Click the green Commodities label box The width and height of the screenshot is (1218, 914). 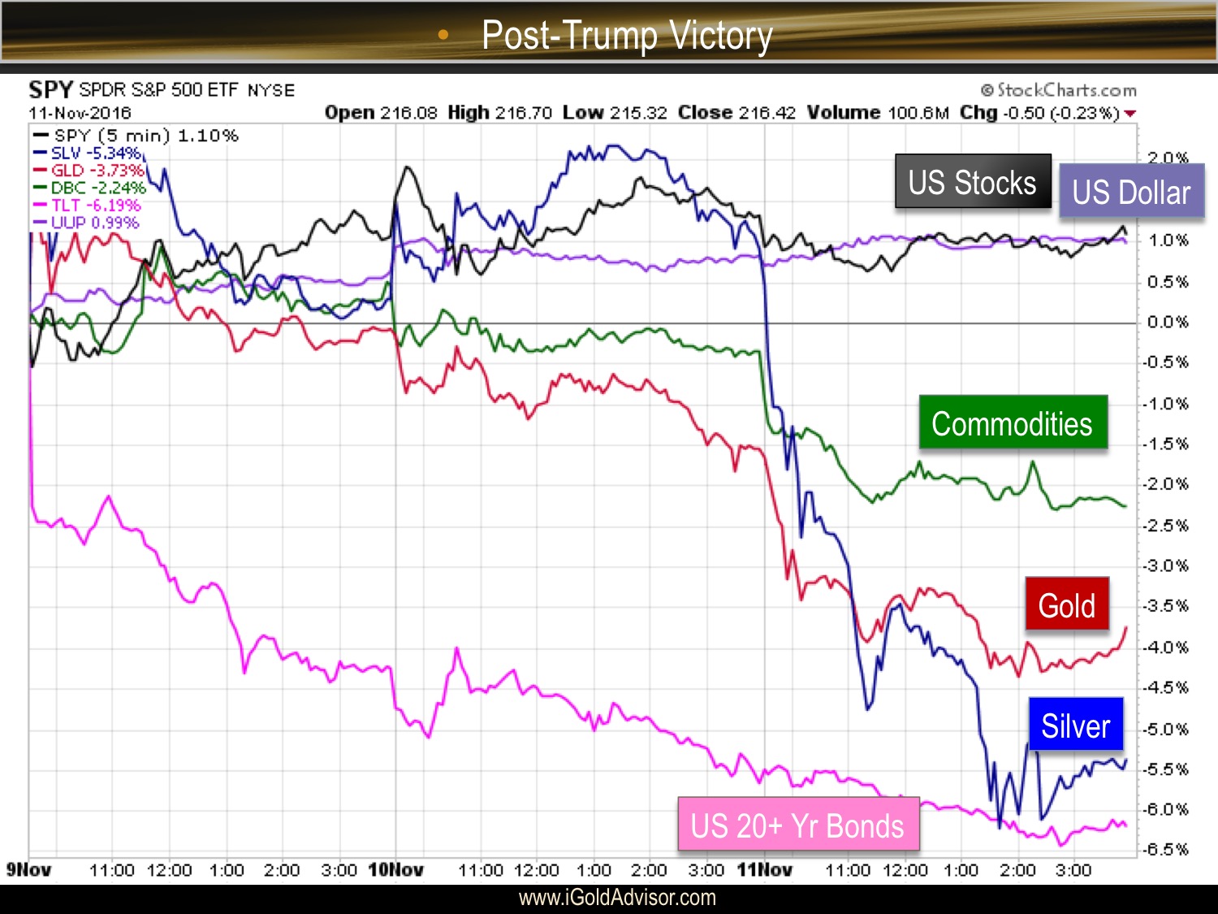coord(1013,422)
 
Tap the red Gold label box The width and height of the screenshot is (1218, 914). coord(1066,604)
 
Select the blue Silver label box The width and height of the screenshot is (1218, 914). coord(1075,725)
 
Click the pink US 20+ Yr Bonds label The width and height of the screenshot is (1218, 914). coord(797,825)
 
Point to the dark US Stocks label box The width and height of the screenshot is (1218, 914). coord(972,182)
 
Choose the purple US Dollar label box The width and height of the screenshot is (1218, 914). coord(1130,192)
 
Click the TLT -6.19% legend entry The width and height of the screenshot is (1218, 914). coord(87,206)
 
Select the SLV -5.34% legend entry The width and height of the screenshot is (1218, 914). coord(87,153)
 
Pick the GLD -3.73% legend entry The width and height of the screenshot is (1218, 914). coord(88,171)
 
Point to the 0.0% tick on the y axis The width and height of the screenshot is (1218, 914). coord(1167,323)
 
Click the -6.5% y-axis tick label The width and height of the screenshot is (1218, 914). coord(1166,850)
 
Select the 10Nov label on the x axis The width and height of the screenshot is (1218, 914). coord(395,870)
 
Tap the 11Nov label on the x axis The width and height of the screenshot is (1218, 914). coord(764,870)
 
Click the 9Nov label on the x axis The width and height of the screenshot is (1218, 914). coord(28,870)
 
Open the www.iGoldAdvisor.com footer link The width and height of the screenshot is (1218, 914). coord(617,898)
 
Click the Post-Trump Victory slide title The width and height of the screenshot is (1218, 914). coord(626,35)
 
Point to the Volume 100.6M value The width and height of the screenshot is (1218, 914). coord(877,113)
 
